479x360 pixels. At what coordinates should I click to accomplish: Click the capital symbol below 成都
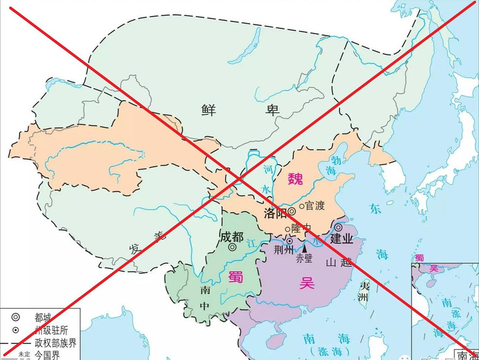[x=232, y=248]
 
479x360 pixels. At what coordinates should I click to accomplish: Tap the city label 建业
[x=341, y=238]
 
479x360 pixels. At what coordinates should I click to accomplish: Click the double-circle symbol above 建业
[x=338, y=227]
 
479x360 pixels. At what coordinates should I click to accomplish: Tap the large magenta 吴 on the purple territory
[x=306, y=283]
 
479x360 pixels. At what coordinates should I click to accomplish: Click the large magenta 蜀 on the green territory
[x=235, y=276]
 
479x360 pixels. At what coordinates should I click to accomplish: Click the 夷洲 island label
[x=365, y=292]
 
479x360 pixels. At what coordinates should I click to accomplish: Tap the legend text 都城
[x=44, y=317]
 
